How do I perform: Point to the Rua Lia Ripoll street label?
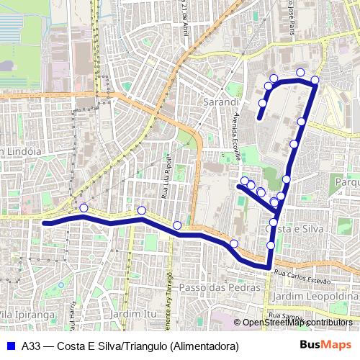(x=166, y=176)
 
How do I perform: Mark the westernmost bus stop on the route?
(x=84, y=208)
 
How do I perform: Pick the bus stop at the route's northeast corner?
(x=315, y=78)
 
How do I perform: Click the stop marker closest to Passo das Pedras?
(x=234, y=244)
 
